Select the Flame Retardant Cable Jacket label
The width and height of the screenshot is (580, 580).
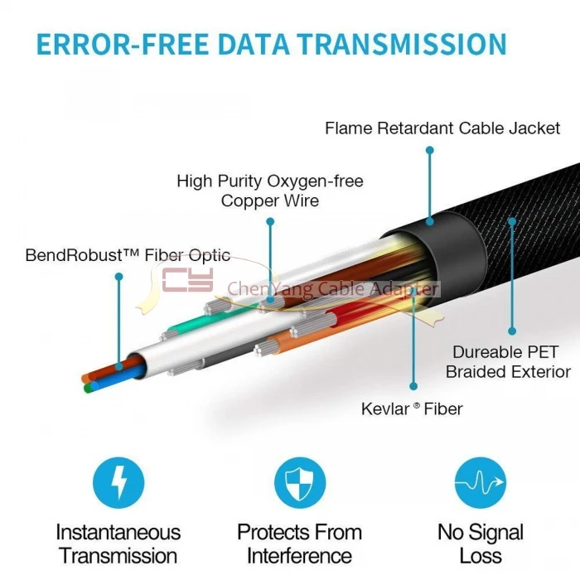(x=442, y=128)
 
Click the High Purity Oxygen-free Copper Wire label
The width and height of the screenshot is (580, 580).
(x=270, y=191)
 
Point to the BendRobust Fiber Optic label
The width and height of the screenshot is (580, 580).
(x=128, y=255)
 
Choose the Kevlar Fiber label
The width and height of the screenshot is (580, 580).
(x=412, y=408)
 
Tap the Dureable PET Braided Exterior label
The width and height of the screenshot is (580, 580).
(x=508, y=362)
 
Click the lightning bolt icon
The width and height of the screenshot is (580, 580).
(x=118, y=483)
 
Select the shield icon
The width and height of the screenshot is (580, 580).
(x=300, y=483)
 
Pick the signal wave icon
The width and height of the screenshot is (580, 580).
(x=480, y=483)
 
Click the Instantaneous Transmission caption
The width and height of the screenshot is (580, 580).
(x=118, y=544)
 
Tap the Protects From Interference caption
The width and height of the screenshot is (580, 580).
(x=300, y=544)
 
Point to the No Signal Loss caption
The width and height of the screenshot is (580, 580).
(x=480, y=544)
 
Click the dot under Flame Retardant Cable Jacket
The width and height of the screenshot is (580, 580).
(x=430, y=150)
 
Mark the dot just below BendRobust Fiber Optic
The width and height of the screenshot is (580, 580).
(x=118, y=276)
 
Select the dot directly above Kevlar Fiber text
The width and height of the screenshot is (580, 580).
(x=413, y=386)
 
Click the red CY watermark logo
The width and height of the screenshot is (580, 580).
(x=187, y=280)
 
